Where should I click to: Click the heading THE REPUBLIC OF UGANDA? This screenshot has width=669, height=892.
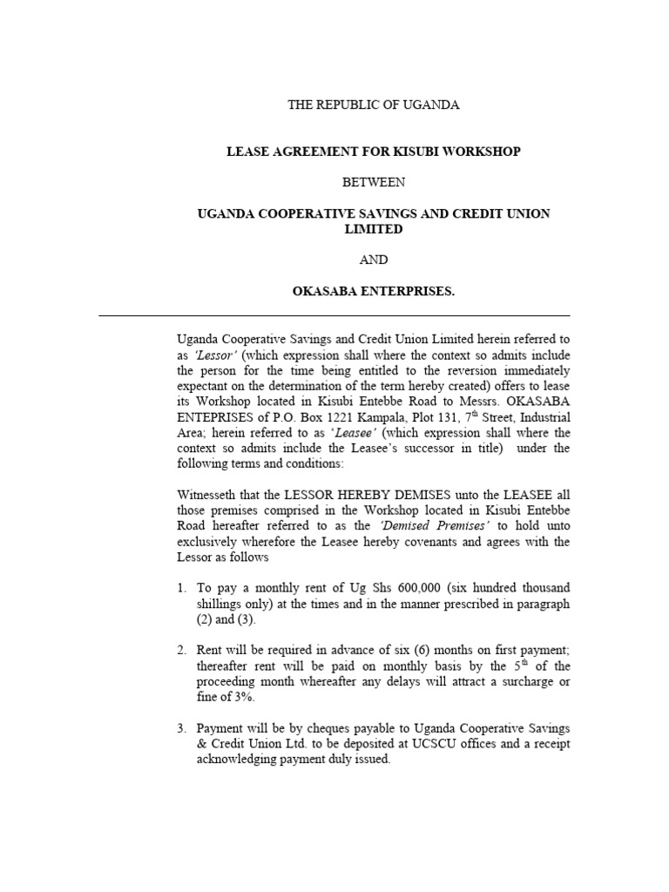click(x=373, y=105)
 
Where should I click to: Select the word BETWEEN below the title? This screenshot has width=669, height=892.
click(x=373, y=182)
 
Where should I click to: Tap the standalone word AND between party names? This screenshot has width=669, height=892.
click(x=373, y=260)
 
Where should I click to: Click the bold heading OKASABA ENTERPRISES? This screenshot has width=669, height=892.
click(x=373, y=291)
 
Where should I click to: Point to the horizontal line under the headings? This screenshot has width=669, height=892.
click(x=334, y=315)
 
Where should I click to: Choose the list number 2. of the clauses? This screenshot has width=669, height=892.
click(x=181, y=650)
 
